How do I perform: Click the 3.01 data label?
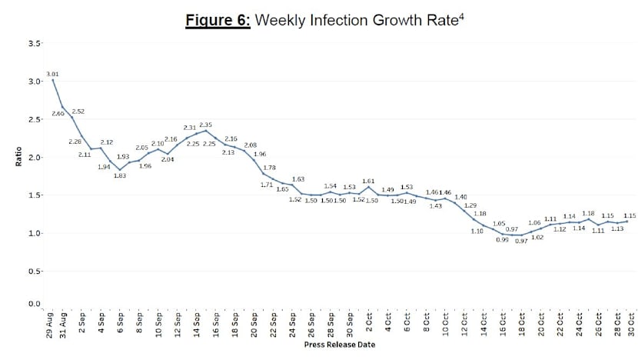pyautogui.click(x=54, y=74)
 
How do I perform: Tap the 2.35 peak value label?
pyautogui.click(x=206, y=125)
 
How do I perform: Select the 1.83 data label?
pyautogui.click(x=120, y=175)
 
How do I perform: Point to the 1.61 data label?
pyautogui.click(x=368, y=181)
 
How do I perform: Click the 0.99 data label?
pyautogui.click(x=502, y=240)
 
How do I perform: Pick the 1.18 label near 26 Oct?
pyautogui.click(x=589, y=213)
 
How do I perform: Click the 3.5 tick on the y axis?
pyautogui.click(x=35, y=44)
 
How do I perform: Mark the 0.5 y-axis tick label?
pyautogui.click(x=35, y=272)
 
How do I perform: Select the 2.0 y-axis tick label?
pyautogui.click(x=35, y=158)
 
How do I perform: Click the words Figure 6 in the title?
pyautogui.click(x=218, y=20)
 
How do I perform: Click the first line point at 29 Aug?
pyautogui.click(x=52, y=80)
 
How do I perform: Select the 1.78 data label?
pyautogui.click(x=269, y=168)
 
